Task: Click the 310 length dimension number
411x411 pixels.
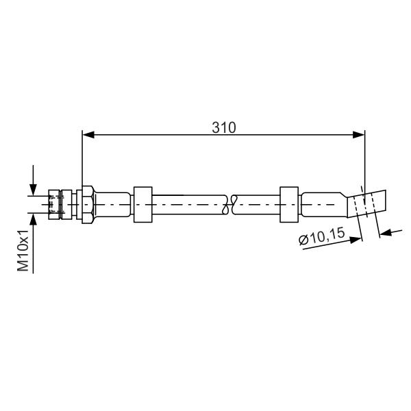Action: [x=224, y=127]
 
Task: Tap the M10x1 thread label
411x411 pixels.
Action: [x=23, y=251]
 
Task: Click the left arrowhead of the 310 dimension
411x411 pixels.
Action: [x=88, y=135]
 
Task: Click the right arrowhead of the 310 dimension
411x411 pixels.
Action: [x=358, y=135]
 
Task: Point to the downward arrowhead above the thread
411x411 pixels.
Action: [x=33, y=190]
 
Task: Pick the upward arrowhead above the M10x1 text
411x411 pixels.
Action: [x=33, y=219]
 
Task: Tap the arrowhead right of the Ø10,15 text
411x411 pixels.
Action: [x=356, y=240]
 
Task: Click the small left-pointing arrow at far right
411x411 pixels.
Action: [x=386, y=232]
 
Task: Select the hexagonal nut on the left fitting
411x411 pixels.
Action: [x=87, y=205]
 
